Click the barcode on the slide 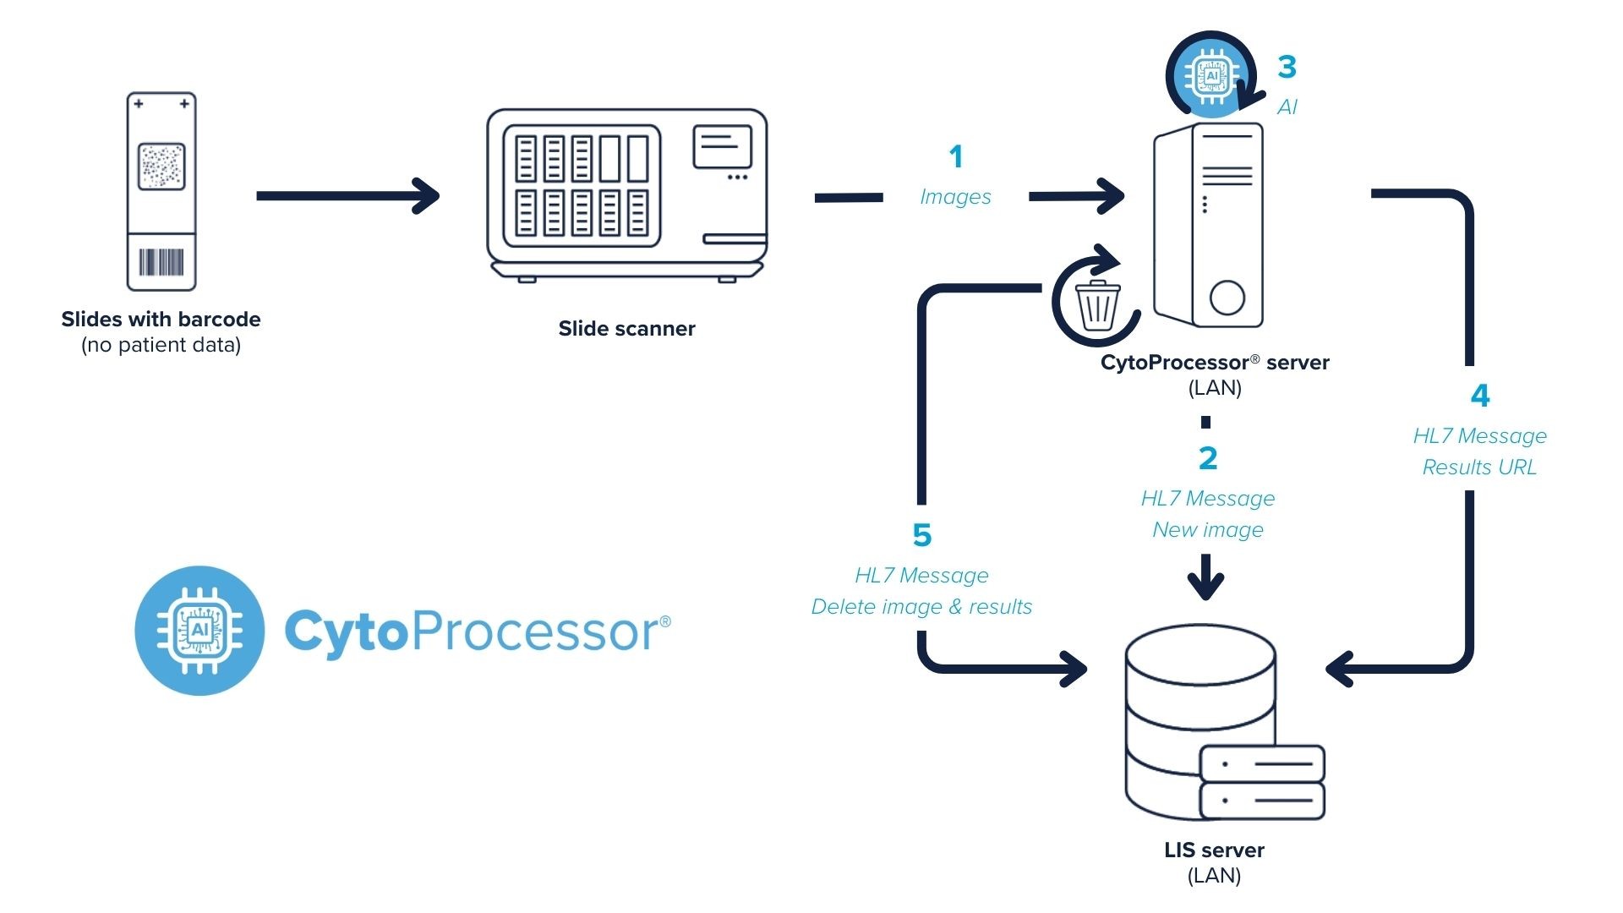[161, 262]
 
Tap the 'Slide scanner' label [626, 329]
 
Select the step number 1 [956, 156]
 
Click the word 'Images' [955, 197]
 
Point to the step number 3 [1287, 67]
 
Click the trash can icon [1097, 306]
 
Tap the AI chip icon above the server [1212, 76]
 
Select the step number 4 [1480, 396]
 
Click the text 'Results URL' [1479, 467]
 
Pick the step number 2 [1208, 458]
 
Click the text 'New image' [1208, 530]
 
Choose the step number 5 [922, 535]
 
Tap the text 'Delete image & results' [921, 607]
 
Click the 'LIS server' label [1214, 850]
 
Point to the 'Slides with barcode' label [161, 320]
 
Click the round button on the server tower [1227, 297]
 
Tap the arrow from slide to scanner [347, 196]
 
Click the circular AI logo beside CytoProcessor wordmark [199, 631]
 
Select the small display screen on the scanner [722, 146]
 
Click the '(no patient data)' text [161, 345]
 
